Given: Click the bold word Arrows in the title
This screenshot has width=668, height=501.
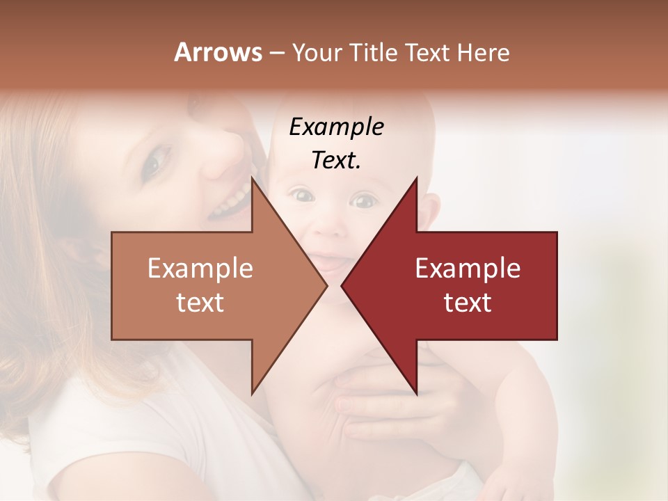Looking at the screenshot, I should [218, 52].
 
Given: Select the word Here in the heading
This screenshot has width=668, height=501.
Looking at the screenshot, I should [483, 52].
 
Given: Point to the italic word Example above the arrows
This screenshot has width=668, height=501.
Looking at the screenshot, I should [336, 127].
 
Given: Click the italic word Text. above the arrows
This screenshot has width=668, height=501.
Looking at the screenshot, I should [336, 161].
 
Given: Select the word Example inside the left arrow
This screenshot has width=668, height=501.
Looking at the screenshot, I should [200, 269].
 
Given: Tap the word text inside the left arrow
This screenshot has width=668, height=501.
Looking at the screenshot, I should [200, 303].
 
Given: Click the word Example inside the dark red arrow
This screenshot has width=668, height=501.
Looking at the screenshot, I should [468, 269].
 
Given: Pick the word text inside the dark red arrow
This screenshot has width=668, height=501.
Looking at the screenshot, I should [468, 303].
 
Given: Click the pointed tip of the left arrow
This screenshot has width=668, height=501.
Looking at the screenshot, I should [326, 285].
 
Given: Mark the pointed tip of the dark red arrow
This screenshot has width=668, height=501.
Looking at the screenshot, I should [342, 285].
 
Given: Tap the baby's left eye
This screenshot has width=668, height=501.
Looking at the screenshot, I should [363, 202].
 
